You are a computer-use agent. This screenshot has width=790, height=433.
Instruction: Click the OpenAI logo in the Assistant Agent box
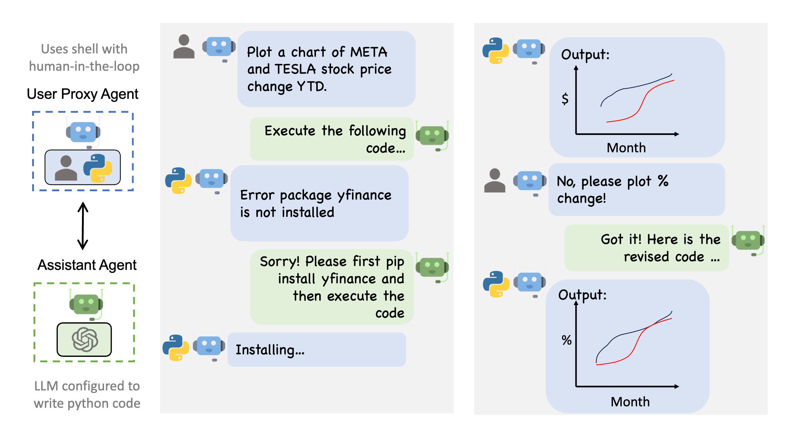(x=84, y=339)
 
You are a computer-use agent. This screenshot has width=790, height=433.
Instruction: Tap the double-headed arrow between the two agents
(x=83, y=226)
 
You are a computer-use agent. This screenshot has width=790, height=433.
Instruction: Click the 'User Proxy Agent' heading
(x=82, y=94)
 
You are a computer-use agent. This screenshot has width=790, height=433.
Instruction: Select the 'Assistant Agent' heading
(x=87, y=265)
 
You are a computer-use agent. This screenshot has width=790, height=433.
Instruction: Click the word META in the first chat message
(x=369, y=52)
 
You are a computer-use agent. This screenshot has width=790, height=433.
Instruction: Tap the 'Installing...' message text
(x=270, y=350)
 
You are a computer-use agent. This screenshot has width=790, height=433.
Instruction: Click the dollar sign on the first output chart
(x=565, y=99)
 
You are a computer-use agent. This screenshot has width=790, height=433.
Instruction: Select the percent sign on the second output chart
(x=567, y=340)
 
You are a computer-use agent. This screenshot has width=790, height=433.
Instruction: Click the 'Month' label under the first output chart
(x=626, y=148)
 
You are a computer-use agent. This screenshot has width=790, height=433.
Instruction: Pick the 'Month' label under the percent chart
(x=630, y=402)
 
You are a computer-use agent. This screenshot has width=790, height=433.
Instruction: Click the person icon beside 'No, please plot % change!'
(x=495, y=181)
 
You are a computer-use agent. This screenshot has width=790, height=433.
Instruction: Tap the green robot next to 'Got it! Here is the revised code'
(x=748, y=240)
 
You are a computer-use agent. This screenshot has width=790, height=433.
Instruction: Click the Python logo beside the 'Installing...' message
(x=176, y=348)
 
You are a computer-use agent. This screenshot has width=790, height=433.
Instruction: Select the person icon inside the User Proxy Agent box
(x=66, y=168)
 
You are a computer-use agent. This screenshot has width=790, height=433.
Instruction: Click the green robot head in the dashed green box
(x=86, y=304)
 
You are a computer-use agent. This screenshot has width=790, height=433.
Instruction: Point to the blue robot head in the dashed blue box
(x=83, y=132)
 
